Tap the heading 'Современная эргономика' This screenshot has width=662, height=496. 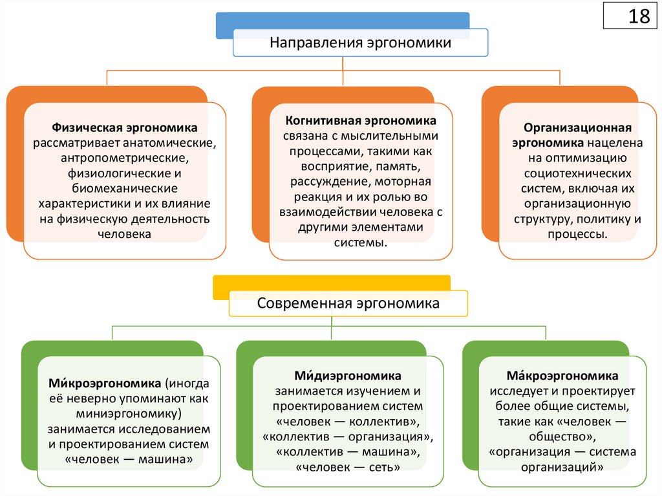[x=348, y=303]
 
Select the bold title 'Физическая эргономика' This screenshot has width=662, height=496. [x=125, y=128]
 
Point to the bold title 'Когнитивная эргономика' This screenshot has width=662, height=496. [x=361, y=121]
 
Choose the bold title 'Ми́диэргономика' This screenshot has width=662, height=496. [x=348, y=376]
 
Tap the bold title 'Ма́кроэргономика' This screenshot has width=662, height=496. [x=562, y=376]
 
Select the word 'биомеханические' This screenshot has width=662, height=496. [x=125, y=188]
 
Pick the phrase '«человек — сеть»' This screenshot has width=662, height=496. [x=348, y=466]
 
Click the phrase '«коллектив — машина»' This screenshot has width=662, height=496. [x=348, y=451]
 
